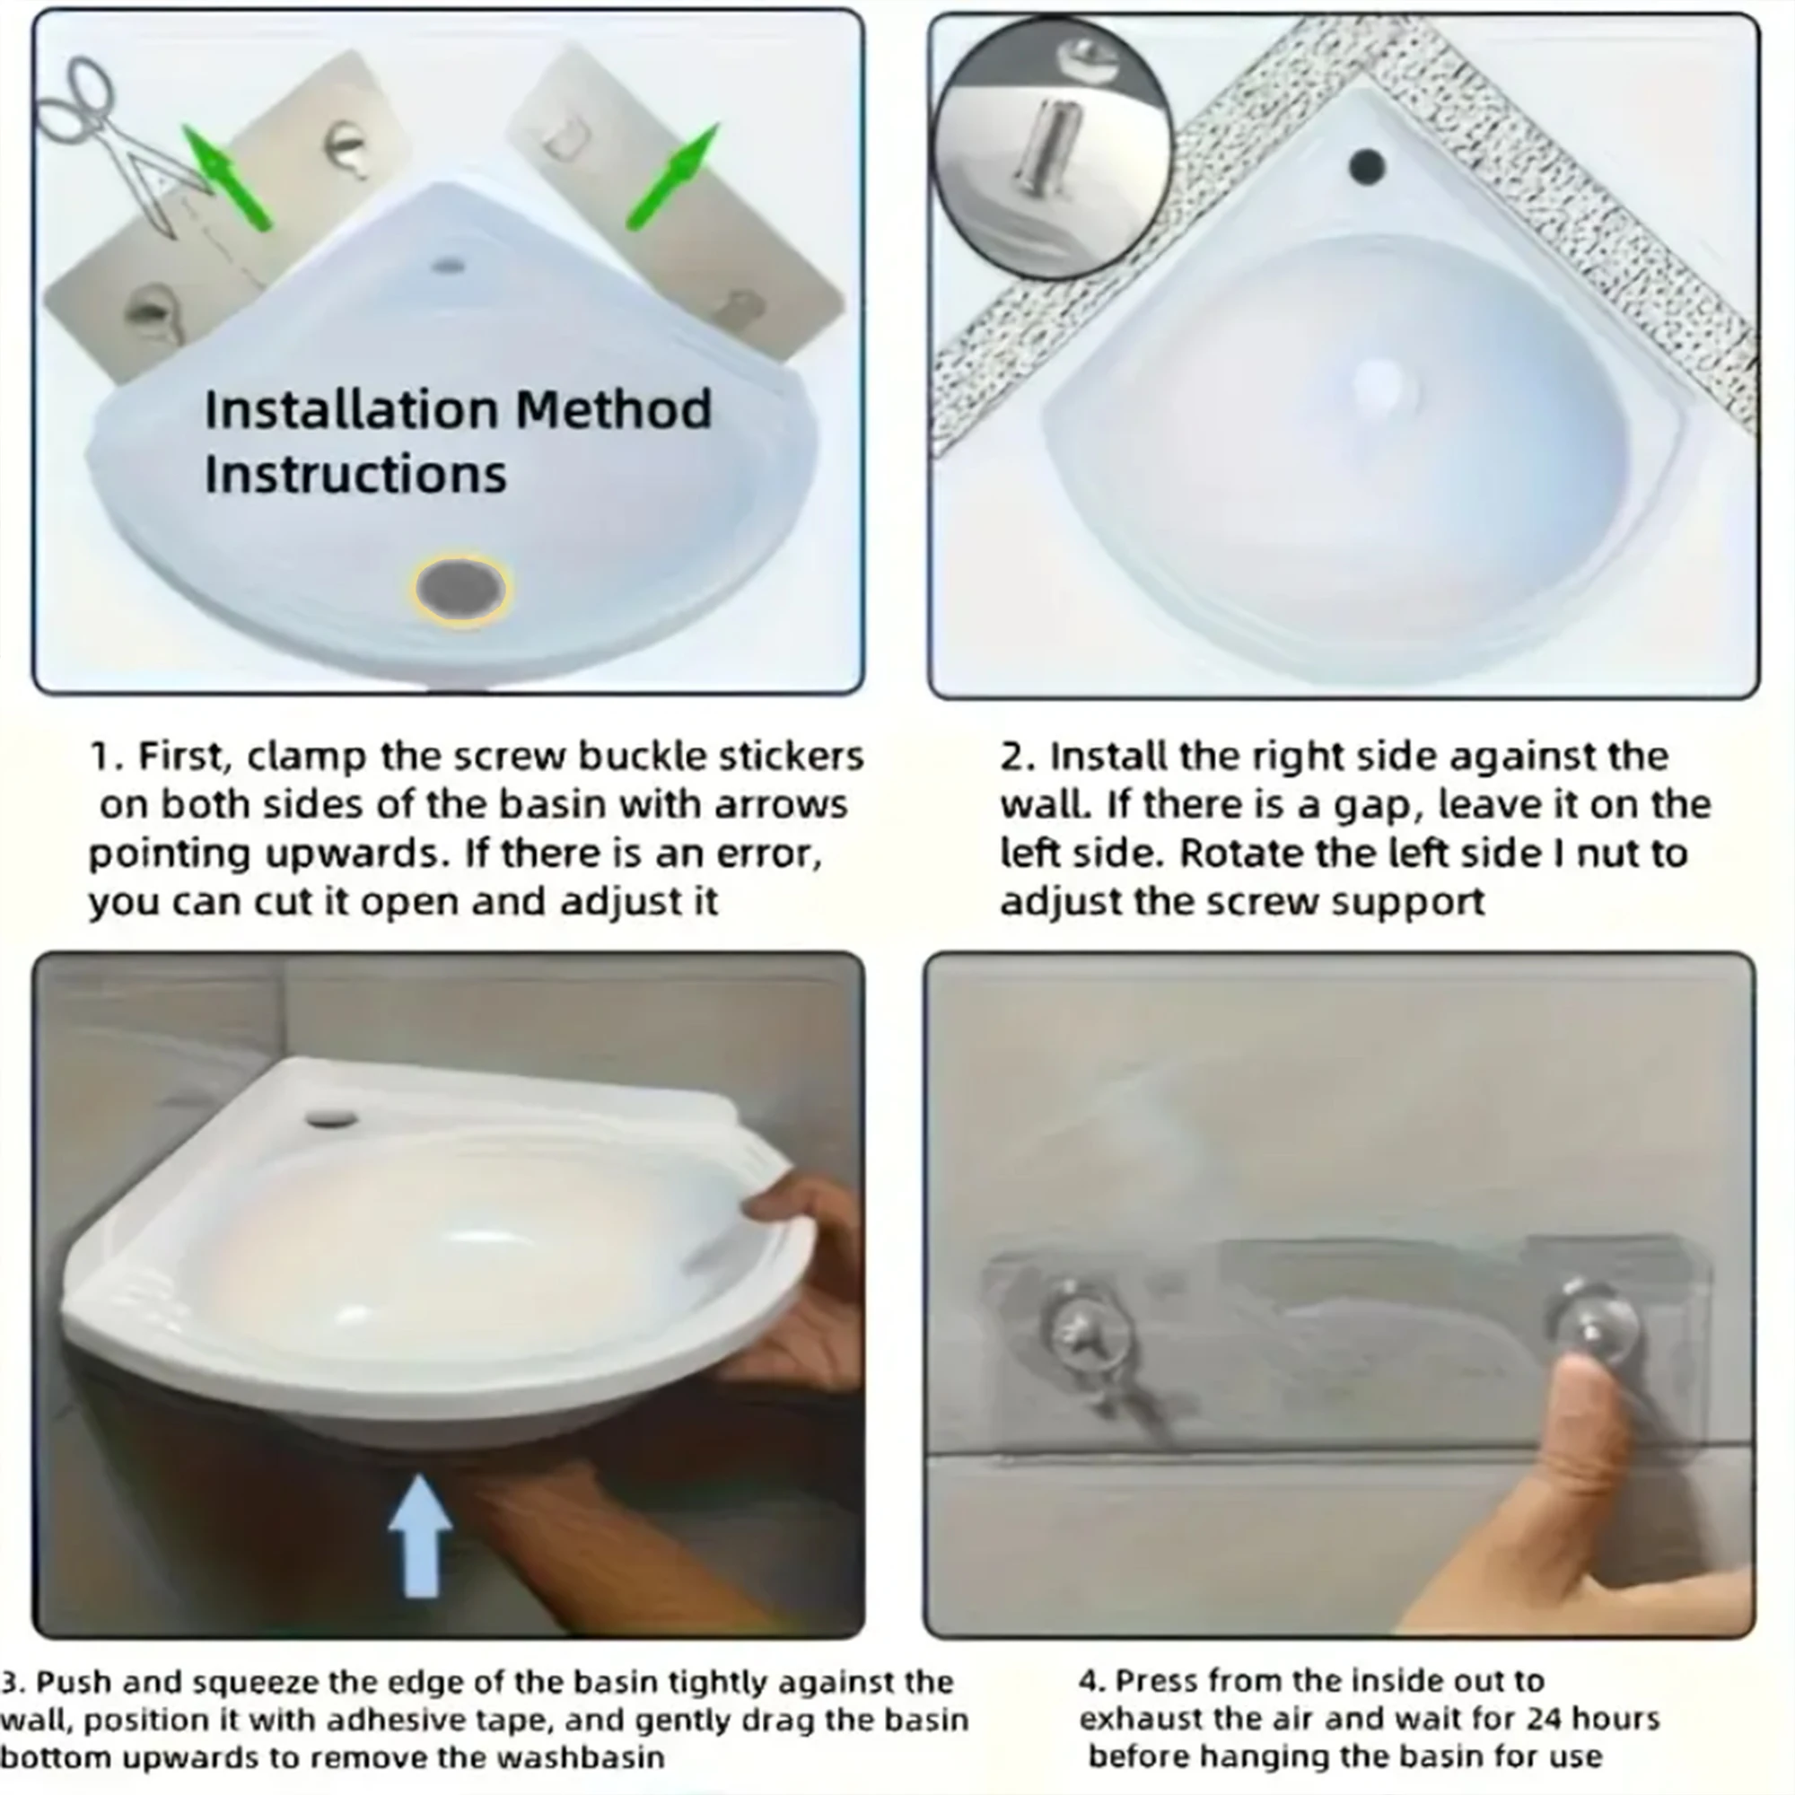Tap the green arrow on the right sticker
coord(675,177)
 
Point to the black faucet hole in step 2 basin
coord(1368,166)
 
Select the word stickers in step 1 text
coord(791,757)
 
